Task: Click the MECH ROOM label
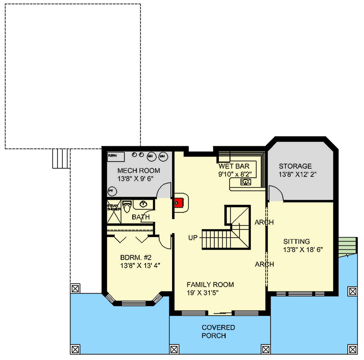(139, 171)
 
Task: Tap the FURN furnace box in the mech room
(116, 156)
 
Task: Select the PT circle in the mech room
(111, 191)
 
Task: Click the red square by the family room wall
(178, 202)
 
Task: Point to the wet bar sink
(245, 182)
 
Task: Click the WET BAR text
(234, 166)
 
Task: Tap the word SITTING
(296, 241)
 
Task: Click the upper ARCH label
(264, 222)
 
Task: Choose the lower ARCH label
(264, 264)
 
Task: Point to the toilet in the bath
(127, 207)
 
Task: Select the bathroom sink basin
(143, 204)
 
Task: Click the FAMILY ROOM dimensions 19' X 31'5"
(210, 293)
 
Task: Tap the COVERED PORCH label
(218, 332)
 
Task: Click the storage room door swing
(275, 193)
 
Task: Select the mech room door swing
(164, 191)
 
